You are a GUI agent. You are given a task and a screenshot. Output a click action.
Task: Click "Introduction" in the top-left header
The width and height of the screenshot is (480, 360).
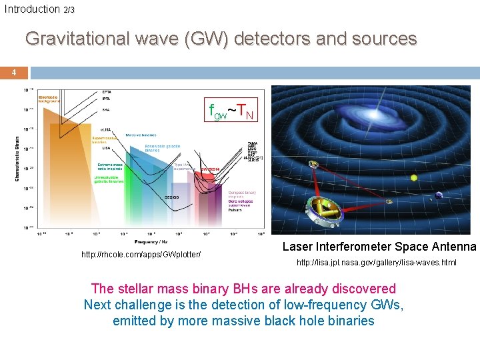pyautogui.click(x=31, y=9)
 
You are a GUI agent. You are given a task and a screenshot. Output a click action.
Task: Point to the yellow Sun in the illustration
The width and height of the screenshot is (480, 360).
pyautogui.click(x=414, y=177)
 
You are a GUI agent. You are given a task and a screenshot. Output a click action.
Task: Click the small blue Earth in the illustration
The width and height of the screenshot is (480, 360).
pyautogui.click(x=438, y=197)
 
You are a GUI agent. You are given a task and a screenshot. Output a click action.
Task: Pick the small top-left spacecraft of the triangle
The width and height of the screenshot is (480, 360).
pyautogui.click(x=313, y=164)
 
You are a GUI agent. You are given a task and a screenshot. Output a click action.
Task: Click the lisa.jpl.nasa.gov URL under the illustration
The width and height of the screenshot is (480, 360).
pyautogui.click(x=376, y=263)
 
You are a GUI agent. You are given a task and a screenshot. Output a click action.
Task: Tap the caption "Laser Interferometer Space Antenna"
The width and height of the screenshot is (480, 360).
pyautogui.click(x=379, y=247)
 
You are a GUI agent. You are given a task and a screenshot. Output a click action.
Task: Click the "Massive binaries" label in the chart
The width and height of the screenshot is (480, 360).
pyautogui.click(x=141, y=135)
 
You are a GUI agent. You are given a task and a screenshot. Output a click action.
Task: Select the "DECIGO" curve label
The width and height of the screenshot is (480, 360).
pyautogui.click(x=172, y=197)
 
